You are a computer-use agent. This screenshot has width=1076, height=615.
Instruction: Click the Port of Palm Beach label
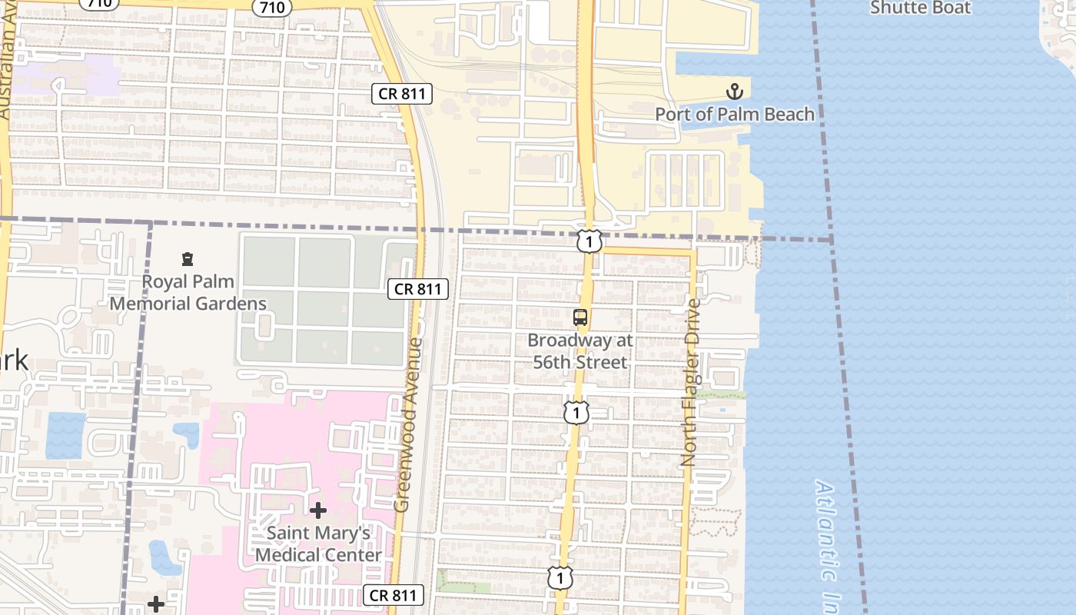click(x=734, y=114)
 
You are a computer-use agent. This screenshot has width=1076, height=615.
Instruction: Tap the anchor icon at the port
click(x=735, y=91)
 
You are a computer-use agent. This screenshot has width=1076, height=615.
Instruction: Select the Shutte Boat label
click(x=920, y=8)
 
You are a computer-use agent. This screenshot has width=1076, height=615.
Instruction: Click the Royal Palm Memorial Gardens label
click(x=188, y=292)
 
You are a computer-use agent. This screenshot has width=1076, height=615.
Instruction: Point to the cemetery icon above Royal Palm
click(x=188, y=260)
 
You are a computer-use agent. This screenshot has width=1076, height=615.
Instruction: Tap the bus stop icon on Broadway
click(x=580, y=317)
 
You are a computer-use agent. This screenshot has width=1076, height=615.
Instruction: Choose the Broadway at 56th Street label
click(x=580, y=351)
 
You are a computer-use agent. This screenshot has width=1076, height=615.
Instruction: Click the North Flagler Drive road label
click(x=690, y=382)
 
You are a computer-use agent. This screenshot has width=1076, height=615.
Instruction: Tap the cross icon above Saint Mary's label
click(x=318, y=510)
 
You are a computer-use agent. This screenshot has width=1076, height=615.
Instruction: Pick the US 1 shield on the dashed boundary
click(x=589, y=242)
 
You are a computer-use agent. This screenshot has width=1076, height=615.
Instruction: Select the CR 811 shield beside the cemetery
click(x=418, y=289)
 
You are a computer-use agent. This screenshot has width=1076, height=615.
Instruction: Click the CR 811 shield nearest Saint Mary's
click(x=394, y=594)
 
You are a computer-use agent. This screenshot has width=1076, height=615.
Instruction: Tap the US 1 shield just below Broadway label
click(x=576, y=413)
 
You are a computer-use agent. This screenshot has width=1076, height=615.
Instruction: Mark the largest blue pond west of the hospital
click(x=65, y=435)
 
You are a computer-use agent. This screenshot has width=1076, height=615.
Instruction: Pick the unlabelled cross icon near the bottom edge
click(x=155, y=604)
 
